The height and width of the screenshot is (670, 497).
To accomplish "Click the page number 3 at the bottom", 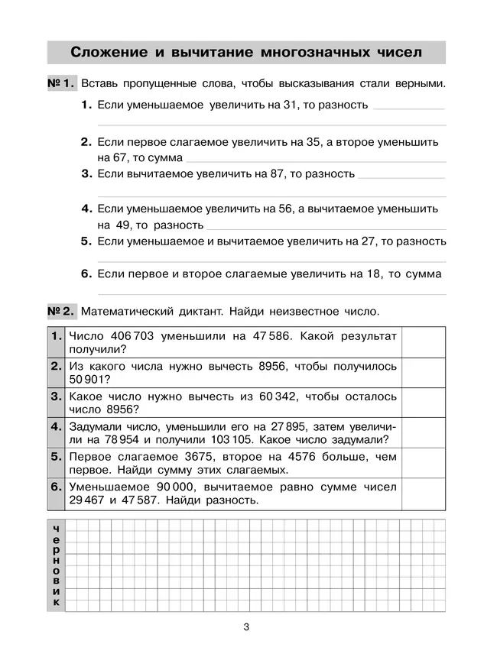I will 246,628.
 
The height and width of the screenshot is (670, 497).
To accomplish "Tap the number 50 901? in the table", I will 86,379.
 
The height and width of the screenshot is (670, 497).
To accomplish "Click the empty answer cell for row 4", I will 423,432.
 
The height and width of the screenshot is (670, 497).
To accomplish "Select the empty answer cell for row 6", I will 423,494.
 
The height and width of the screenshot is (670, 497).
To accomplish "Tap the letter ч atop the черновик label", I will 57,529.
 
